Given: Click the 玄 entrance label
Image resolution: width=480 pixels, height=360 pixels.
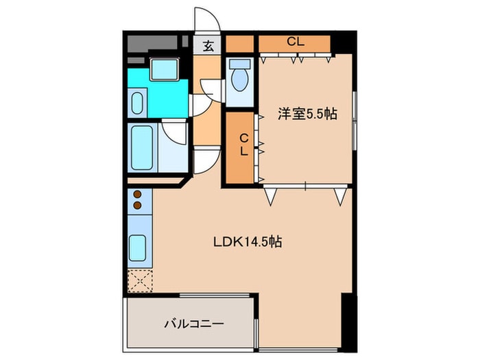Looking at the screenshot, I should (x=207, y=46).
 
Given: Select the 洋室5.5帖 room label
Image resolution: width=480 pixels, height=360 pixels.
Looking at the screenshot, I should (x=307, y=114).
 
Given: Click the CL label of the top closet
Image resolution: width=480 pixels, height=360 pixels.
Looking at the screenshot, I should (x=295, y=42).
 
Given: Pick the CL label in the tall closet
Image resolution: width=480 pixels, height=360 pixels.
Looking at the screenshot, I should (x=243, y=145).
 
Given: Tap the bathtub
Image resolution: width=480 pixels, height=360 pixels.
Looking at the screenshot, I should (x=143, y=147).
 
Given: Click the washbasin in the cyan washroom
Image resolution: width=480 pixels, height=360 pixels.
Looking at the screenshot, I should (x=136, y=103).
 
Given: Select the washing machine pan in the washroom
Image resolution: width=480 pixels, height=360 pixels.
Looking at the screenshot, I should (x=165, y=69).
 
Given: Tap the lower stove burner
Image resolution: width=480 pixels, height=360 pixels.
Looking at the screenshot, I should (x=136, y=204).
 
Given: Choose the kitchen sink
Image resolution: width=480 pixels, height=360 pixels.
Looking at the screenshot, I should (x=138, y=245).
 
